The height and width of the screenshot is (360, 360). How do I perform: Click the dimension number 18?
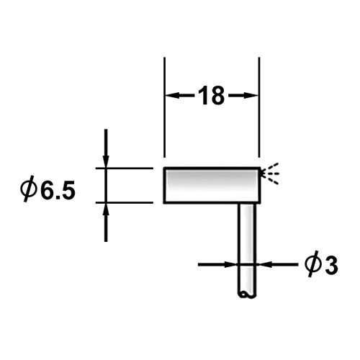212,96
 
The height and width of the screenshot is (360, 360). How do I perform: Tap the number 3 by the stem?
330,266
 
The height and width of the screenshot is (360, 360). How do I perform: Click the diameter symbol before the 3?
312,265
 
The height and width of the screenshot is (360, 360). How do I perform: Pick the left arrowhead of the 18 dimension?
173,96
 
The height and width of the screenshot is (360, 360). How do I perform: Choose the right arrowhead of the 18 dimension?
251,96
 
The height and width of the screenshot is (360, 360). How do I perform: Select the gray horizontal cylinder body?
212,185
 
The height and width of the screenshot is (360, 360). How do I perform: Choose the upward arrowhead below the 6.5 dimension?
106,210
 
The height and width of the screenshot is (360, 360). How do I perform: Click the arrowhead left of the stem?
230,265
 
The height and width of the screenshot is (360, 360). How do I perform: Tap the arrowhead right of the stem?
263,265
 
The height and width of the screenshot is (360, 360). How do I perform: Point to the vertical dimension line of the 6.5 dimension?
106,185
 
